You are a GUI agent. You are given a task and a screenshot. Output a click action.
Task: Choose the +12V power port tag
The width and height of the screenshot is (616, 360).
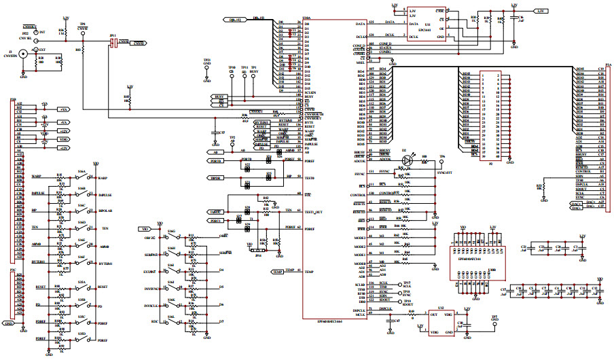point(62,130)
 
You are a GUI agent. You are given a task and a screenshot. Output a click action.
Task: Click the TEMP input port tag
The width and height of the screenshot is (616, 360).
point(277,272)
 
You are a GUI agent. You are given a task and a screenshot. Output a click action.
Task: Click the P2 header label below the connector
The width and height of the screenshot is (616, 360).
point(490,163)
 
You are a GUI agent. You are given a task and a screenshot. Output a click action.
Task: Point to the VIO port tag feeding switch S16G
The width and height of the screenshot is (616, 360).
point(145,229)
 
